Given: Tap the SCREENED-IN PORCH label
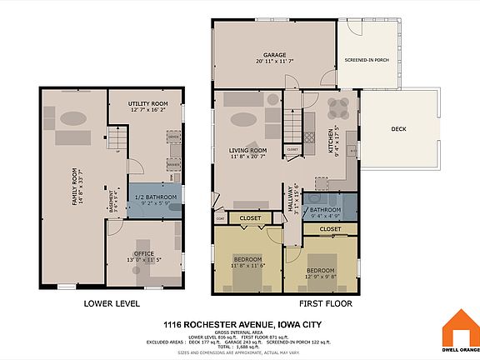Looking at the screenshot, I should [367, 61].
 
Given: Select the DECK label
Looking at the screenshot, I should [399, 129].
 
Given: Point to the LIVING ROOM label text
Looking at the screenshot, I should [247, 150].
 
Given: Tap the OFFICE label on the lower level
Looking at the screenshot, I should [143, 253].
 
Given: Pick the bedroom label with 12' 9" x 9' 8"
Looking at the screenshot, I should [321, 271].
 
